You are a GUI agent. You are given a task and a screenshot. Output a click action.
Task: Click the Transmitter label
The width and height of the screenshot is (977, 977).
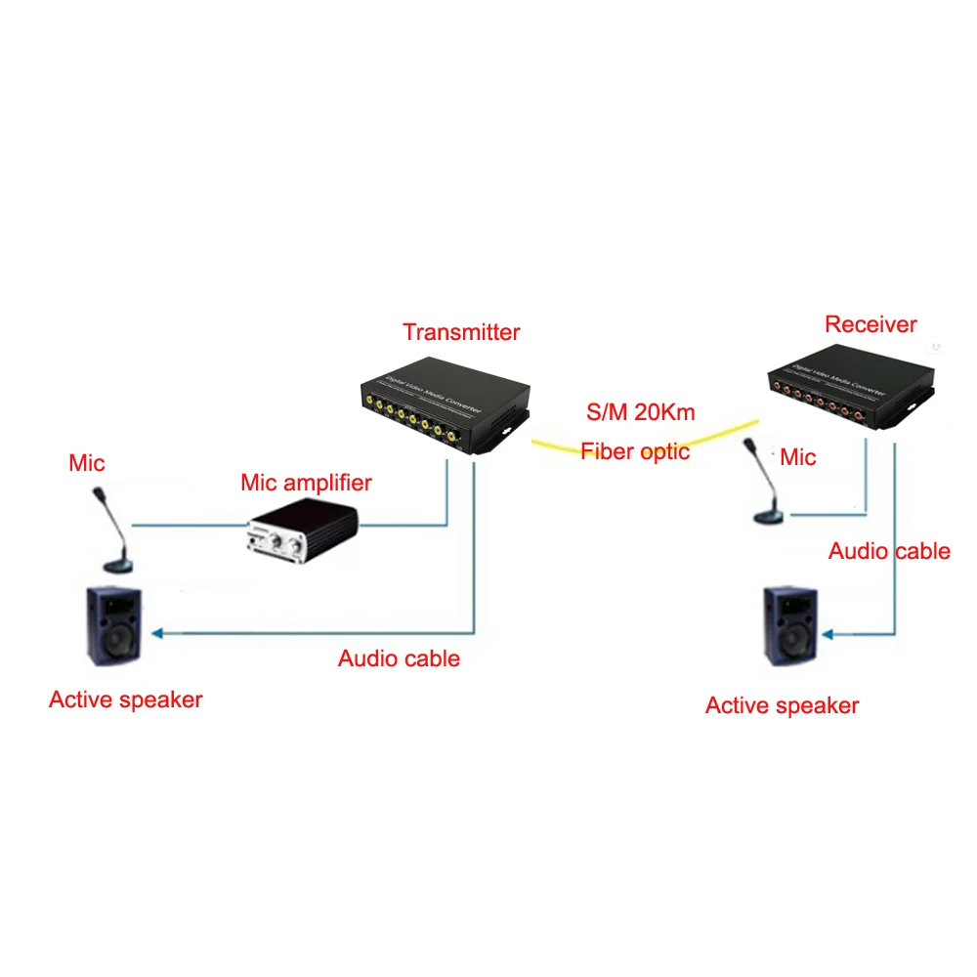pos(461,332)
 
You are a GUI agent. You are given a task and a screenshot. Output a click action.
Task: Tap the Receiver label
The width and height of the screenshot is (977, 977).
pos(871,324)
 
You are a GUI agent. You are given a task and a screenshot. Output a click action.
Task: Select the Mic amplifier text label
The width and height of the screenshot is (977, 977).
pos(307,483)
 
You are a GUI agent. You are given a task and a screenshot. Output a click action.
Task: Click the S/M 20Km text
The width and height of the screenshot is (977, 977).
pos(640,412)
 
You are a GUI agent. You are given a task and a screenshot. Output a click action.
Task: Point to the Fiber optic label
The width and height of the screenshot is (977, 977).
pos(635,451)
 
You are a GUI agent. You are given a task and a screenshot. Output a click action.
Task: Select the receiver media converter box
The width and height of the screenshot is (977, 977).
pos(849,393)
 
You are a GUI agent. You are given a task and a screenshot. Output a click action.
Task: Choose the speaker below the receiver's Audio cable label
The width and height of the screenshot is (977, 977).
pos(790,626)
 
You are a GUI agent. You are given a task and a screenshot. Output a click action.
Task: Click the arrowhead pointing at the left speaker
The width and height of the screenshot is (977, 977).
pos(156,633)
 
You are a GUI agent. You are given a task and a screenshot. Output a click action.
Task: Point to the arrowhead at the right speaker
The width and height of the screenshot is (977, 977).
pos(828,635)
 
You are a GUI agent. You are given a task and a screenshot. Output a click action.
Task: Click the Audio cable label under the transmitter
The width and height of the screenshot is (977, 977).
pos(399,658)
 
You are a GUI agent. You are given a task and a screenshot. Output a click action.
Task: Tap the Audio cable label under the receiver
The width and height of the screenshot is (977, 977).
pos(889,551)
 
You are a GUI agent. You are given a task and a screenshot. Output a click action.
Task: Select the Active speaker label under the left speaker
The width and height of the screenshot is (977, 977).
pos(125,700)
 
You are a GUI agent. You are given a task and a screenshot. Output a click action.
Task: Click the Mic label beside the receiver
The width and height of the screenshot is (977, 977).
pos(798,457)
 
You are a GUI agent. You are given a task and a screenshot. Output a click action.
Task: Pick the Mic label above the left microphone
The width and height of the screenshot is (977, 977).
pos(87,462)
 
